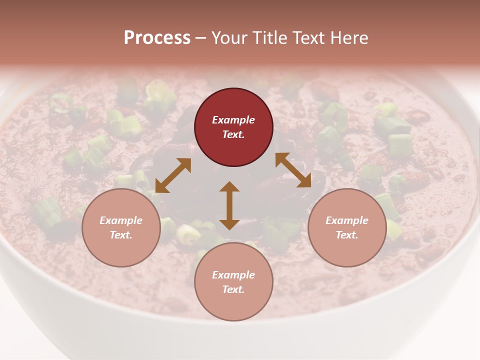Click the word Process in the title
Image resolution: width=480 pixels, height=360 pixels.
[x=157, y=38]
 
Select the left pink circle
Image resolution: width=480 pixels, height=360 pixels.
[x=121, y=227]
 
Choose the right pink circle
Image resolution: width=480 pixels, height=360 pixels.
[x=347, y=227]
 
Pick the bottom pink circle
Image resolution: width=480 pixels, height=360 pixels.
[x=233, y=281]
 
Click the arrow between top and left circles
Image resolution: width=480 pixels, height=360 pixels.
[x=173, y=175]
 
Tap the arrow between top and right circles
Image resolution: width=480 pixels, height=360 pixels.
[x=293, y=170]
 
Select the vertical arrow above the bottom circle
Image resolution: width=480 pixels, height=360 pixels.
[x=229, y=205]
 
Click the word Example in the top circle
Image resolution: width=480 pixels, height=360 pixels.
[x=233, y=120]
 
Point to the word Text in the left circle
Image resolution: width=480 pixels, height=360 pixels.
[x=121, y=235]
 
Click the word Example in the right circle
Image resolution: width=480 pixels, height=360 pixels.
[x=347, y=220]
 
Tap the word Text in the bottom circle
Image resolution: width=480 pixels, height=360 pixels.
[x=233, y=289]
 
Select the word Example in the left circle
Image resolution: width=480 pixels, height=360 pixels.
[x=121, y=220]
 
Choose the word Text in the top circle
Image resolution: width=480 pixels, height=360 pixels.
[x=233, y=134]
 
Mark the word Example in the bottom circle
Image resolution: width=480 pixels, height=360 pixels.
[x=233, y=275]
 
